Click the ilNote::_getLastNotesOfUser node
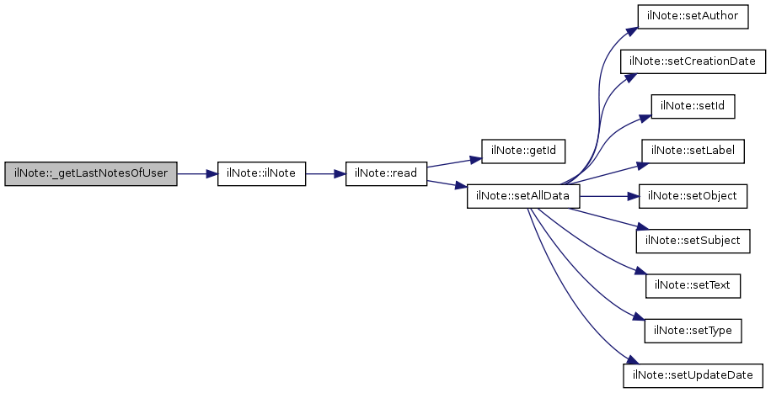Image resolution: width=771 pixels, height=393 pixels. (x=90, y=174)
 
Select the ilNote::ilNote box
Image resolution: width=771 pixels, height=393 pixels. (x=261, y=174)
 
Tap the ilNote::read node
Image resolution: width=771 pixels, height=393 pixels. (x=387, y=174)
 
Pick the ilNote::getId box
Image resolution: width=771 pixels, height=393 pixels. (x=522, y=151)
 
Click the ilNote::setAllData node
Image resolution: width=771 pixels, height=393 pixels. (x=523, y=197)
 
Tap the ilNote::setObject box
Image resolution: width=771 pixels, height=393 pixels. (x=693, y=197)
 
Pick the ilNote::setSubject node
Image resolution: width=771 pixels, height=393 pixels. (x=693, y=242)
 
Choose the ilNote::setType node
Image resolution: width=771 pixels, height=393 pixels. (x=693, y=332)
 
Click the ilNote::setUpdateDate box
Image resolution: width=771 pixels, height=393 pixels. (x=693, y=376)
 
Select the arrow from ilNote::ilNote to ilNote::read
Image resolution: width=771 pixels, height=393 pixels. (x=325, y=174)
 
